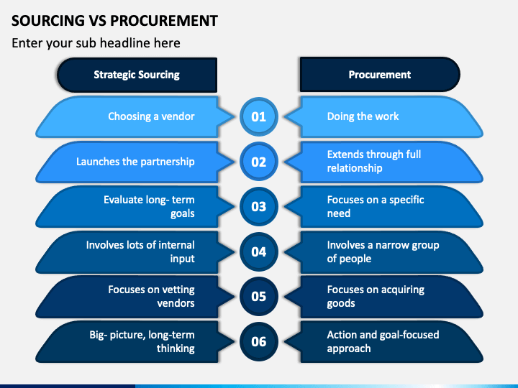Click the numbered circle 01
pos(259,116)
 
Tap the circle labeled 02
pos(259,162)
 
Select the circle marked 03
pos(259,206)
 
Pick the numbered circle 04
pos(259,251)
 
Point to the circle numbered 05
pos(259,296)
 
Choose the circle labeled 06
pos(259,341)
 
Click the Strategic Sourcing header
pos(137,75)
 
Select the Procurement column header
pos(380,75)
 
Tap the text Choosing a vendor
pos(151,116)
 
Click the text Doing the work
pos(363,116)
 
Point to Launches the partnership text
pos(135,162)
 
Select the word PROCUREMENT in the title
pos(164,20)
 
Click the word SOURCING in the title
pos(48,20)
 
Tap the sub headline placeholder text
pos(96,43)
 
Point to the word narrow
pos(391,245)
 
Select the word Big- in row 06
pos(98,335)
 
